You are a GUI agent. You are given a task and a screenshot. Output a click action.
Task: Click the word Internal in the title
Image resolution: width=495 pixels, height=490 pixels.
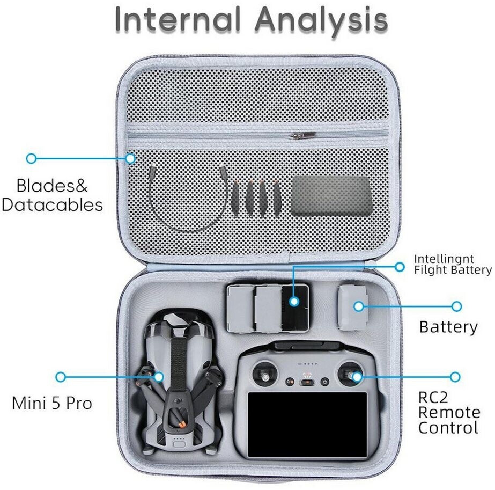click(178, 19)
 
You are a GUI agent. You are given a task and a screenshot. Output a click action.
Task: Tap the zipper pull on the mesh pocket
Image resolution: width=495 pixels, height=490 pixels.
click(303, 136)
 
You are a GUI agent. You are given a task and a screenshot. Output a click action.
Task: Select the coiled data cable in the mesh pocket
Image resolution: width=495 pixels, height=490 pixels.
click(187, 200)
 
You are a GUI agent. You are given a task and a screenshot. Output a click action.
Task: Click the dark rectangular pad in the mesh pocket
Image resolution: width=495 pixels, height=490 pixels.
click(331, 196)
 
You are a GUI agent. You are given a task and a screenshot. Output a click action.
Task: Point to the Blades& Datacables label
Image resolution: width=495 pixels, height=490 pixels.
click(53, 195)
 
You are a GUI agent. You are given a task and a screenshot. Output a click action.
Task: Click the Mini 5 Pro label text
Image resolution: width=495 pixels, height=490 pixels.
click(52, 403)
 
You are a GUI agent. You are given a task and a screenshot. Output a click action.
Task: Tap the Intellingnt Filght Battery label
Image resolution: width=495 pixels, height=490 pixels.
click(453, 265)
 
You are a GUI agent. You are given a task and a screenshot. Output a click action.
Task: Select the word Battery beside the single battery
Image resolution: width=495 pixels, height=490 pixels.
click(448, 327)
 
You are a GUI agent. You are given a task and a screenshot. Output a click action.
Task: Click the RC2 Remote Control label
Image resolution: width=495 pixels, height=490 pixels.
click(449, 413)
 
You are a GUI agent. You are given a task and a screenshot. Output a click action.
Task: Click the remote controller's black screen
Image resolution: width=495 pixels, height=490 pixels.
click(307, 425)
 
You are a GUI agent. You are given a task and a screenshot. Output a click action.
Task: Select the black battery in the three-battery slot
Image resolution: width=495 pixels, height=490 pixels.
click(295, 309)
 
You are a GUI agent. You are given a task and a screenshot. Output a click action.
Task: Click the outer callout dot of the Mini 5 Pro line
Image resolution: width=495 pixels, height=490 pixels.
click(61, 377)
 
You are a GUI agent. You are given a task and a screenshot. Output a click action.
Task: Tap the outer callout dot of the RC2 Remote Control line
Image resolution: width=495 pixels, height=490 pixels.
click(455, 377)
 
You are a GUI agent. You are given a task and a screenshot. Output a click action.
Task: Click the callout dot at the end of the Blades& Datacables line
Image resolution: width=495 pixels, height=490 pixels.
click(31, 158)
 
